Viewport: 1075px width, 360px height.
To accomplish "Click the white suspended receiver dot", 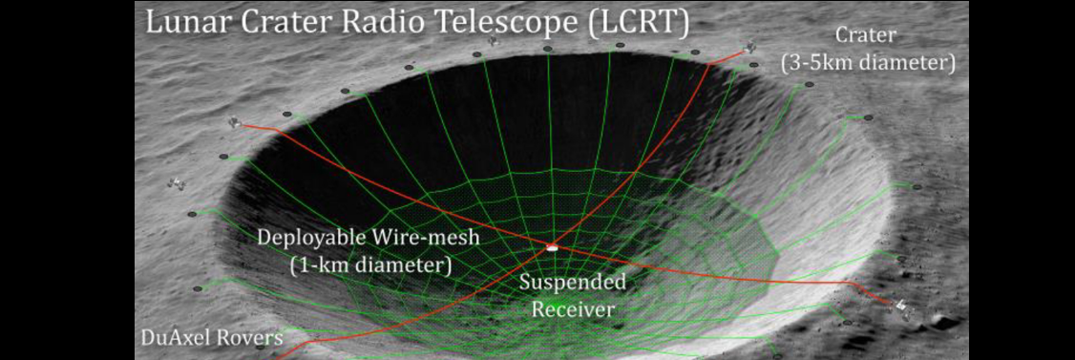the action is [x=551, y=247].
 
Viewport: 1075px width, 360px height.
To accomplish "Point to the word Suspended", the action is [x=573, y=283].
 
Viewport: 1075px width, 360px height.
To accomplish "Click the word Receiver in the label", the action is [x=573, y=309].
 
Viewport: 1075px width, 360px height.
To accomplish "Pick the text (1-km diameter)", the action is [x=370, y=265].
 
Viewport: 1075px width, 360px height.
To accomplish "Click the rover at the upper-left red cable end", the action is [x=235, y=122].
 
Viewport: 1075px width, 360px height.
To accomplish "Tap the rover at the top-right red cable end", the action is [x=750, y=47].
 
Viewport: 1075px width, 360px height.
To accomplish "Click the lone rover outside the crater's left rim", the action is [x=177, y=183].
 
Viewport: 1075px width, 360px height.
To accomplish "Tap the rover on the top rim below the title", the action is [x=493, y=42].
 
